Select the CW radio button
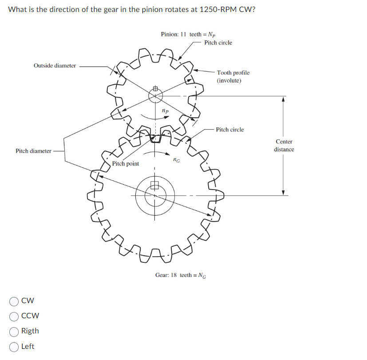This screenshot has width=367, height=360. click(x=14, y=301)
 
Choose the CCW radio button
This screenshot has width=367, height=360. click(x=14, y=316)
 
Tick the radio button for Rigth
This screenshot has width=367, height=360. click(x=14, y=331)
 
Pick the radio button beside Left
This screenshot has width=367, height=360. click(x=14, y=346)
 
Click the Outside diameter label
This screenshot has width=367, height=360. click(x=55, y=66)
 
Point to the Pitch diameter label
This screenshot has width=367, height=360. click(x=33, y=151)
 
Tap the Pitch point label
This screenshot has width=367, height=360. click(x=125, y=164)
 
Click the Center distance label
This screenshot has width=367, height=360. click(x=284, y=146)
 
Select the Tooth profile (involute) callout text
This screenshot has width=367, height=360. click(x=233, y=76)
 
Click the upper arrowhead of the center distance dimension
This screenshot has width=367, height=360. click(x=283, y=99)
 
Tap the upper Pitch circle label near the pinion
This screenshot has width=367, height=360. click(x=218, y=43)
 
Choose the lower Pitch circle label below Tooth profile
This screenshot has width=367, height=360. click(x=229, y=130)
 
